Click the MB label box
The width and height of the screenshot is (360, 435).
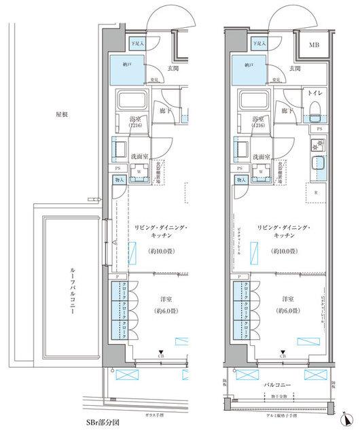(315, 46)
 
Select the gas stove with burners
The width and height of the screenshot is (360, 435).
(316, 144)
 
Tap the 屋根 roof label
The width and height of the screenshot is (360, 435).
(62, 115)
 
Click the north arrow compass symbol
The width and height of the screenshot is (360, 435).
(347, 417)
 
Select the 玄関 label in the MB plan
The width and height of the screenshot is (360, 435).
(294, 68)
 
